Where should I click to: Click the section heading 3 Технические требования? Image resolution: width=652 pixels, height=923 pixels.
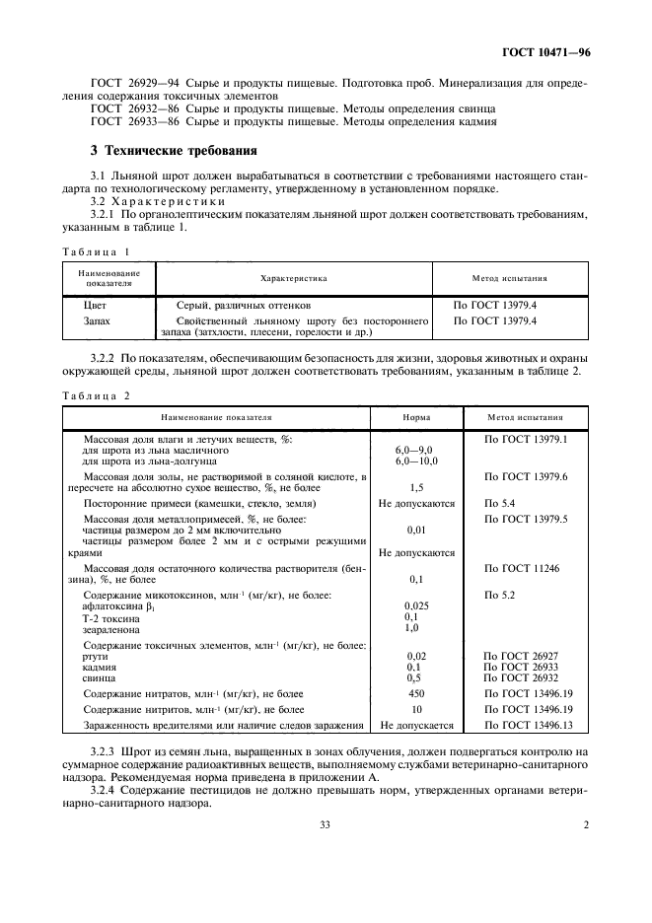point(174,151)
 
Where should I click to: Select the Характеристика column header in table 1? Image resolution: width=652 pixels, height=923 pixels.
point(293,279)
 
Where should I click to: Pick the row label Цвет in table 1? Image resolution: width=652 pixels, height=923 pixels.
point(96,306)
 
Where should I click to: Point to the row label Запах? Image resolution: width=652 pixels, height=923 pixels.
point(99,321)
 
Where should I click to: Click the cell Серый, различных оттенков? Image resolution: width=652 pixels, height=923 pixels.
point(243,306)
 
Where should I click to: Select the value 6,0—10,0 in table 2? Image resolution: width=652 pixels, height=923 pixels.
point(416,461)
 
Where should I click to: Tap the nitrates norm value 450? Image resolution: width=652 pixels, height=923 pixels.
point(416,693)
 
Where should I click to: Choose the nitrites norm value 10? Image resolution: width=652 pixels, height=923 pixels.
point(416,709)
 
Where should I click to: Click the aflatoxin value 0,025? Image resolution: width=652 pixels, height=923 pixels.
point(416,604)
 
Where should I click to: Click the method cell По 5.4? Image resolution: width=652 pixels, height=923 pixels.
point(498,503)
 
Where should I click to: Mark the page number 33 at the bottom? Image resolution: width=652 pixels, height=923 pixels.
point(325,824)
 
